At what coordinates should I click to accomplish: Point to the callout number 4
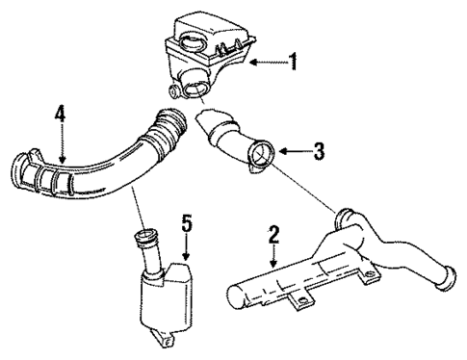pyautogui.click(x=60, y=116)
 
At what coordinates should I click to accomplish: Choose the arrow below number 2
pyautogui.click(x=273, y=260)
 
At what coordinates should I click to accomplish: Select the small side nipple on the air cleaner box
pyautogui.click(x=172, y=92)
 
